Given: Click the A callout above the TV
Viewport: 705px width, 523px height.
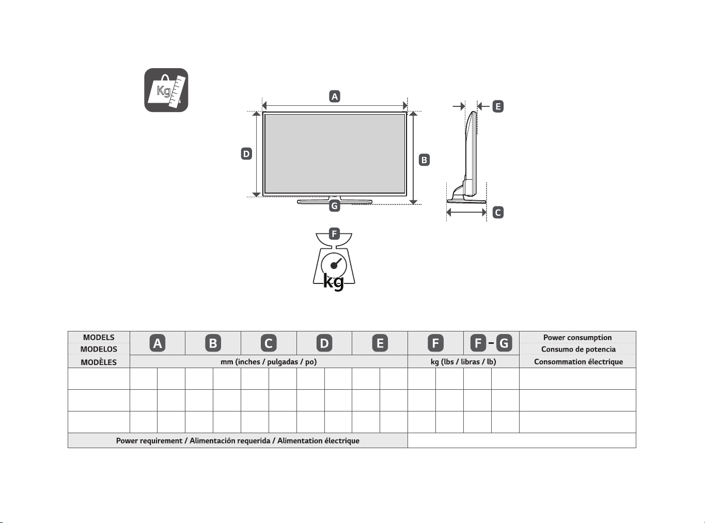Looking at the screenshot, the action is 334,96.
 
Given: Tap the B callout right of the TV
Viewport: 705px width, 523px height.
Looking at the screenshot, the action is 424,160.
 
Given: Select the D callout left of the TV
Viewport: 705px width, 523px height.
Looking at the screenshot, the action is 246,154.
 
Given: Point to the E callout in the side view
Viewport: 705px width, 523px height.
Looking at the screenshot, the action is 498,106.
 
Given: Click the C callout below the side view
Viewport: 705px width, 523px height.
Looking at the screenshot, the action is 498,213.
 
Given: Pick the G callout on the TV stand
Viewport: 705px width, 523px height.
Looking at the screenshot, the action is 334,206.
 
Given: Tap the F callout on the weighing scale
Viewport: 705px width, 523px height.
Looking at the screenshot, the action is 334,234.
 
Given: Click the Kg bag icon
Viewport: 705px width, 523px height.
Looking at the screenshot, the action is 166,90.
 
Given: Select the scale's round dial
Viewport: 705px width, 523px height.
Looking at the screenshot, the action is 334,265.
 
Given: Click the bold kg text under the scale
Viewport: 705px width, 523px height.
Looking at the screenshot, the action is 334,282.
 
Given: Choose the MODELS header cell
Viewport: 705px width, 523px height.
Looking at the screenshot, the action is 99,338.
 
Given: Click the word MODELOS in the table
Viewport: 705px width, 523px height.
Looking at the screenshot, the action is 99,349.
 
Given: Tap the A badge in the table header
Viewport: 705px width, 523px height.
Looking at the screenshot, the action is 158,343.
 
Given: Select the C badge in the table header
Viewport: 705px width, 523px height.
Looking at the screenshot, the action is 269,343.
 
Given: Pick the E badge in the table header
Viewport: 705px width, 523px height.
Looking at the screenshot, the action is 380,343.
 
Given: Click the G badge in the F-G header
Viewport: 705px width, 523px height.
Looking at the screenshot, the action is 504,343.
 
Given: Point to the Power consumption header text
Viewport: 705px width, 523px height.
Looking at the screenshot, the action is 577,338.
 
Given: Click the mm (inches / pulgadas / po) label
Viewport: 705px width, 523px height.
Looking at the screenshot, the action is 269,362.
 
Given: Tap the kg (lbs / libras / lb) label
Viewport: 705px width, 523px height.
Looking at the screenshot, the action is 463,362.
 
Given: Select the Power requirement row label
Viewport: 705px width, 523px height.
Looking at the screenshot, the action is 238,441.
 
